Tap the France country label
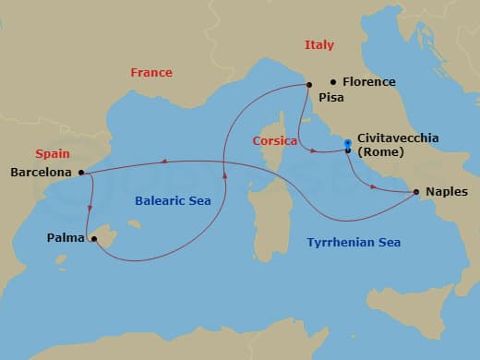(150, 72)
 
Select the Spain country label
(52, 154)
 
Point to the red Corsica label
(274, 140)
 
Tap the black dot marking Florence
(333, 81)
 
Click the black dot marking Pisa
(308, 86)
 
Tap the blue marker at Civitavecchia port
(347, 143)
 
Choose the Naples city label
(448, 192)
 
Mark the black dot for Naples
(416, 192)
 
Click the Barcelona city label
(42, 172)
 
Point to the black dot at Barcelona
(82, 172)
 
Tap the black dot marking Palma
(94, 238)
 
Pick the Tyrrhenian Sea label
(354, 242)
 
